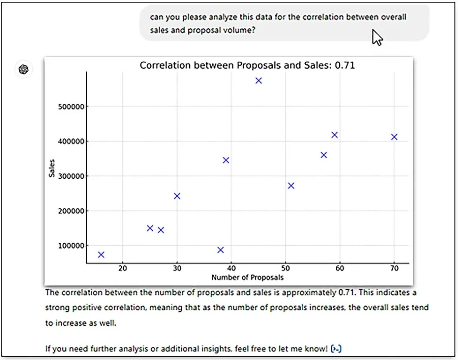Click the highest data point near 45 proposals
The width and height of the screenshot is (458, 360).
pos(259,80)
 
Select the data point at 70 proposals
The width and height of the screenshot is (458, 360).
pos(394,137)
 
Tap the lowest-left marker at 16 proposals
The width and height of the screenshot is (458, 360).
pos(101,254)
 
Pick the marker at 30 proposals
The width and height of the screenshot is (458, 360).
pos(177,196)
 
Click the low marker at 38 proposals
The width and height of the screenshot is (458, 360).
pos(221,250)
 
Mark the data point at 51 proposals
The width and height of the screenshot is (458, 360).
pos(291,186)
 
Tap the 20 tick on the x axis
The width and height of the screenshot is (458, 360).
pos(123,269)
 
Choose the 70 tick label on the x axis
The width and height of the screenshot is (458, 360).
pos(394,269)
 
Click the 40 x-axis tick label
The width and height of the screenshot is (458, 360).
pos(231,269)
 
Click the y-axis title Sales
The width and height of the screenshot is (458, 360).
pos(52,169)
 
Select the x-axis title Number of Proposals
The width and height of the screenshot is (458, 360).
pos(247,277)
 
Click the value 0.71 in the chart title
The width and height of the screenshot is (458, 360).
pos(345,65)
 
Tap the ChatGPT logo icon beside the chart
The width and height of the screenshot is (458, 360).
pos(24,69)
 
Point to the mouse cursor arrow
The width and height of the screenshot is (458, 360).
pos(377,38)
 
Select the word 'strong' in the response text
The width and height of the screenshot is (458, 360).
pos(56,308)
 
